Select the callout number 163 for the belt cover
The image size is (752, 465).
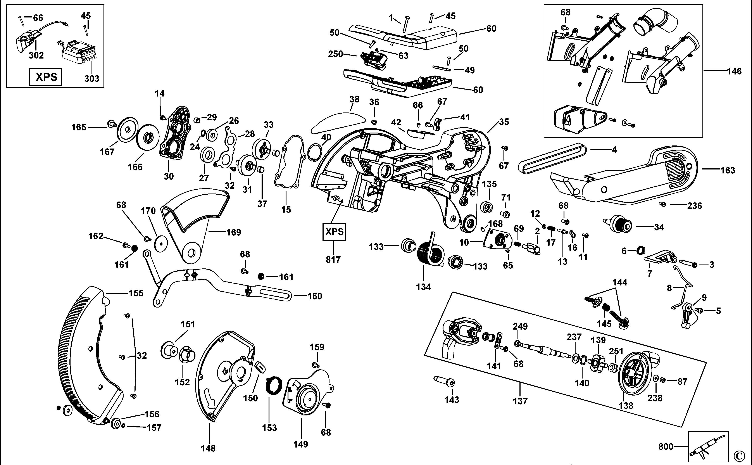(x=728, y=170)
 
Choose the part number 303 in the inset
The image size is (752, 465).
(x=92, y=78)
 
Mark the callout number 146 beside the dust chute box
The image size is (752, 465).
(x=734, y=72)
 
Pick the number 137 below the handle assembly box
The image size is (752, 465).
(x=520, y=401)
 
